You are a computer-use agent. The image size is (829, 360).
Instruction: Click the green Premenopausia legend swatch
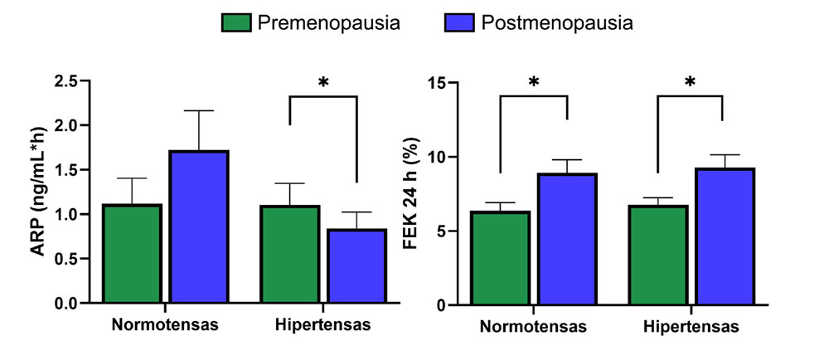[x=236, y=23]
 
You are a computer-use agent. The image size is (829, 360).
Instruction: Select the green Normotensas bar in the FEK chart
[x=500, y=258]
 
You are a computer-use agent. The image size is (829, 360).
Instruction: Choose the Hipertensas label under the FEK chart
[x=690, y=327]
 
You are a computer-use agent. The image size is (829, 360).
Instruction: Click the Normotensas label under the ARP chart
[x=166, y=324]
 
